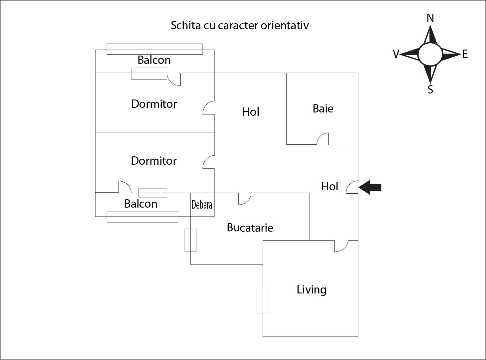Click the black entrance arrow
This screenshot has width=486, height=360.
pos(370,187)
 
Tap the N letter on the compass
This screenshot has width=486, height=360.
pos(430,18)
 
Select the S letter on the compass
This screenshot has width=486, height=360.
pos(430,90)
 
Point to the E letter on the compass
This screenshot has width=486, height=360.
pos(465,54)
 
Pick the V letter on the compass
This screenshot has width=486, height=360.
pos(396,54)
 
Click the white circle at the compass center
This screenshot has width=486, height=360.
pos(430,54)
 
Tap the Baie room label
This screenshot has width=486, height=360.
pos(323,108)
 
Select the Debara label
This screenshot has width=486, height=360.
pos(202,205)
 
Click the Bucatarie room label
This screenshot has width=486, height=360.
pos(250,228)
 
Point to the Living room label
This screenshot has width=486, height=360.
pos(311,289)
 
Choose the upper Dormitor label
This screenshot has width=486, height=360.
pos(154,104)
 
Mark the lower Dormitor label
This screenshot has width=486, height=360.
pos(153,161)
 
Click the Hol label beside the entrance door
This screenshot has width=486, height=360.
pos(330,186)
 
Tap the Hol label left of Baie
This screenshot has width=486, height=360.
pos(250,112)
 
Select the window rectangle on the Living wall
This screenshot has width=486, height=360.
pos(263,301)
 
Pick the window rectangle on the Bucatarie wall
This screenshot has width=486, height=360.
pos(190,240)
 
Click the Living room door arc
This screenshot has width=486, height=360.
pos(341,246)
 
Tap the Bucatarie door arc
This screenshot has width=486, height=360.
pos(245,199)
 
